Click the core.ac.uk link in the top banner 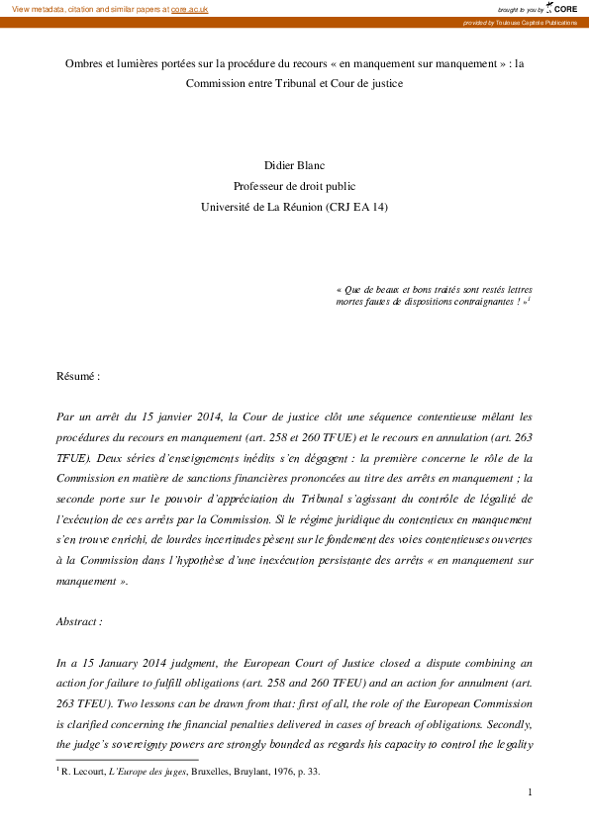coord(190,8)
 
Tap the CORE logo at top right coord(565,8)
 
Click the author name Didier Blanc coord(294,164)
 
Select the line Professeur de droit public coord(294,185)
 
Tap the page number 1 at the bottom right coord(531,791)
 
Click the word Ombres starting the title coord(87,61)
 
